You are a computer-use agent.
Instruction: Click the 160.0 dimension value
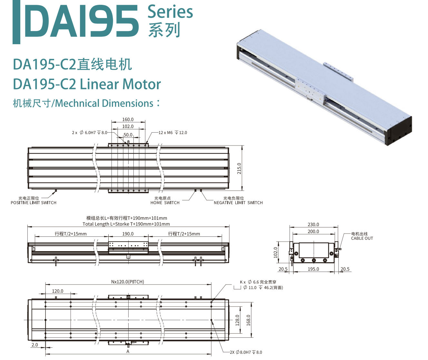click(x=128, y=120)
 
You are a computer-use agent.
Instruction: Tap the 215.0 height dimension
click(x=239, y=168)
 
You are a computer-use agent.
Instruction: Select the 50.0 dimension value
click(x=128, y=135)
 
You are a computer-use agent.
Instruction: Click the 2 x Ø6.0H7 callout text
click(x=90, y=133)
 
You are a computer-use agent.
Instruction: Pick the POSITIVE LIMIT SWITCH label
click(x=34, y=203)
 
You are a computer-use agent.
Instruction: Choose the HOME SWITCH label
click(x=165, y=203)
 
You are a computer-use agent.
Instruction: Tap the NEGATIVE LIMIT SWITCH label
click(x=238, y=203)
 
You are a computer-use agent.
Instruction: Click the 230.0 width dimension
click(x=313, y=225)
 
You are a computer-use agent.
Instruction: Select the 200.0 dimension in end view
click(x=313, y=231)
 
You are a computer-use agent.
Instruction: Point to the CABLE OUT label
click(x=362, y=238)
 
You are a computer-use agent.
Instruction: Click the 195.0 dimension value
click(x=313, y=269)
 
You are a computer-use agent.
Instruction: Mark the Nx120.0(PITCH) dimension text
click(x=128, y=282)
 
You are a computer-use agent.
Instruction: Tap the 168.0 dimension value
click(x=248, y=320)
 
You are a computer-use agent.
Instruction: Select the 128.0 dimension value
click(x=238, y=320)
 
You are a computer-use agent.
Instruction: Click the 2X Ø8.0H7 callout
click(x=246, y=352)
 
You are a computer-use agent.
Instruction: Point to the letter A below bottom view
click(x=128, y=351)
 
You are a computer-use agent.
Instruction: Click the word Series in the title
click(x=170, y=12)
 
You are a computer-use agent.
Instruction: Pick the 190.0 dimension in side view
click(x=128, y=234)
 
